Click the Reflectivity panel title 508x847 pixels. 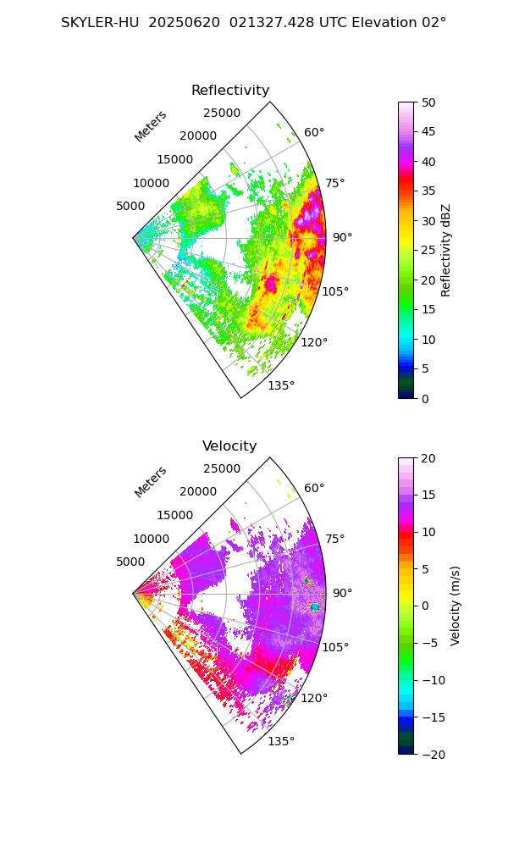[x=230, y=91]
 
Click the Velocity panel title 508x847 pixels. [x=229, y=446]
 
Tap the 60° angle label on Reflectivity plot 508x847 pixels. [x=314, y=132]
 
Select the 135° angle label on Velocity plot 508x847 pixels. [x=281, y=741]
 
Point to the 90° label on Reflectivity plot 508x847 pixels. [x=342, y=237]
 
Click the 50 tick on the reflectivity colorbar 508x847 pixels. [x=429, y=102]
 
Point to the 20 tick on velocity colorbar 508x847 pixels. [x=429, y=458]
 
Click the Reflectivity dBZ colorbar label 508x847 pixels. [x=446, y=250]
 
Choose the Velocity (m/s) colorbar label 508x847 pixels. [x=456, y=606]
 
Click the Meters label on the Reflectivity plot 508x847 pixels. [x=151, y=126]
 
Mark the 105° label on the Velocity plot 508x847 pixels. [x=335, y=647]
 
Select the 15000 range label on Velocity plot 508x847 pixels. [x=174, y=515]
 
